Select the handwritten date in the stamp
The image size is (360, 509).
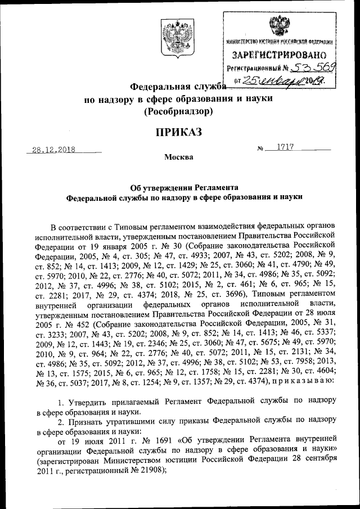[x=284, y=82]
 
